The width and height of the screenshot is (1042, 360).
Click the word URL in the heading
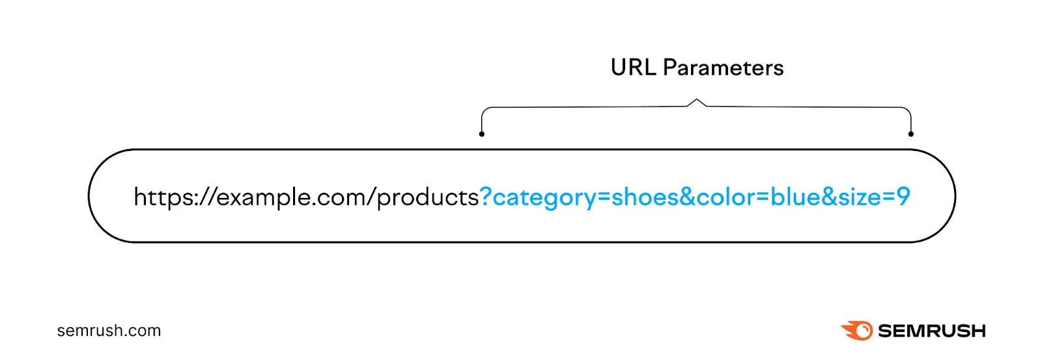[633, 68]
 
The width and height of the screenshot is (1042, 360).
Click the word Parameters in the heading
[724, 68]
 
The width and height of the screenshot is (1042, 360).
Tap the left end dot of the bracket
[481, 134]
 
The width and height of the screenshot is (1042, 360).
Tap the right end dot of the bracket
[911, 134]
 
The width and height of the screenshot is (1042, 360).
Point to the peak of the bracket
[696, 99]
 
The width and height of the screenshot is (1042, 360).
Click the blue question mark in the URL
[486, 196]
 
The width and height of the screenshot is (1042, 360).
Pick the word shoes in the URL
[645, 197]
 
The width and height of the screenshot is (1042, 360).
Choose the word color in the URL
[725, 197]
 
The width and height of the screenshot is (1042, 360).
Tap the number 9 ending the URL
[903, 197]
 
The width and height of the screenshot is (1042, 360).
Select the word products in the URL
[428, 198]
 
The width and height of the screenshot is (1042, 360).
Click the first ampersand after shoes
[688, 197]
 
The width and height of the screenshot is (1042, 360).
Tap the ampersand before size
[828, 197]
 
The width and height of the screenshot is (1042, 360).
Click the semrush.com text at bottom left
[109, 331]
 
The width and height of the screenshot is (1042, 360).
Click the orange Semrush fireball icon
[857, 330]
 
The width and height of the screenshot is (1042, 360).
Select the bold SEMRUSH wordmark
[932, 331]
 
